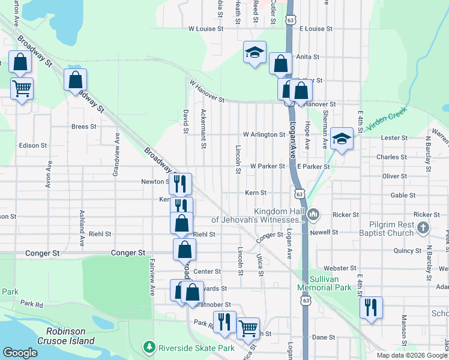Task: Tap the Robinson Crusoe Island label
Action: point(70,335)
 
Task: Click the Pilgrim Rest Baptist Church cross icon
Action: point(423,227)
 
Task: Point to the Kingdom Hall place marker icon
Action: point(313,214)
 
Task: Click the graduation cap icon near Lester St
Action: point(342,139)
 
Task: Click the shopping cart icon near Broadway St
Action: point(22,89)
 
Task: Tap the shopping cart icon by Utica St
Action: point(248,328)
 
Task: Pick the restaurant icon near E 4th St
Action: point(371,307)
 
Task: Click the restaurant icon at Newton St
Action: point(180,184)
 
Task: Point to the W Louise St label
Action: point(206,28)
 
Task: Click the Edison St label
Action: point(32,145)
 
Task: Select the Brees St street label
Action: point(83,127)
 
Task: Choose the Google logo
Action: point(20,353)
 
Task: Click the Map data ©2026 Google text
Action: point(411,355)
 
